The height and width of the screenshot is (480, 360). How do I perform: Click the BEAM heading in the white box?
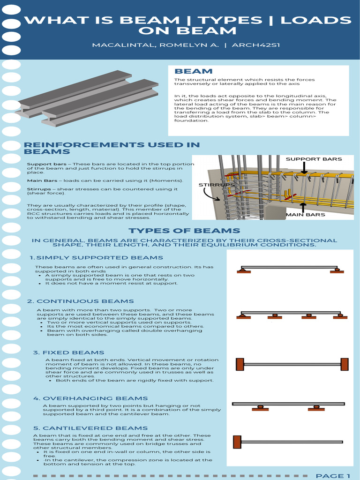tap(193, 71)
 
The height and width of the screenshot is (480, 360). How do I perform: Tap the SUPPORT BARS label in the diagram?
tap(314, 159)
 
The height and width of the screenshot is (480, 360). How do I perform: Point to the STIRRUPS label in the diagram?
tap(216, 185)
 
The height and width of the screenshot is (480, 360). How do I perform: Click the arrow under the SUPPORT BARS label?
tap(304, 168)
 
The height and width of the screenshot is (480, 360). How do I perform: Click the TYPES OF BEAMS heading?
tap(184, 231)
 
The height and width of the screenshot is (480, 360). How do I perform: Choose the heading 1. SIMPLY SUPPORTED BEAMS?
tap(96, 258)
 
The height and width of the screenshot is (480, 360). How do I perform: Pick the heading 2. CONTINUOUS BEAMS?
tap(81, 301)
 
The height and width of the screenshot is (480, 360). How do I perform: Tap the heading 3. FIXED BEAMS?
tap(68, 352)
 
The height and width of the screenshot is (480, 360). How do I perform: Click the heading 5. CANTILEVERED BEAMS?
tap(90, 428)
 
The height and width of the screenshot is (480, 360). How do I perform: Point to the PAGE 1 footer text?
tap(333, 476)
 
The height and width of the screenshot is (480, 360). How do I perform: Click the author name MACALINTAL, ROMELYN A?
tap(149, 45)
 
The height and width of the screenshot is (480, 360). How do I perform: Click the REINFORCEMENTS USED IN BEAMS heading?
tap(112, 148)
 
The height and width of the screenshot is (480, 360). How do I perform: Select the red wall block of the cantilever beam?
tap(237, 442)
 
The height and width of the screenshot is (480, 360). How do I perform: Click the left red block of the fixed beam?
tap(240, 364)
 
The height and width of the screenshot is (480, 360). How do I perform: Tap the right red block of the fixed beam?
tap(344, 364)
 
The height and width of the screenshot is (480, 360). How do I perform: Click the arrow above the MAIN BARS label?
tap(303, 207)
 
